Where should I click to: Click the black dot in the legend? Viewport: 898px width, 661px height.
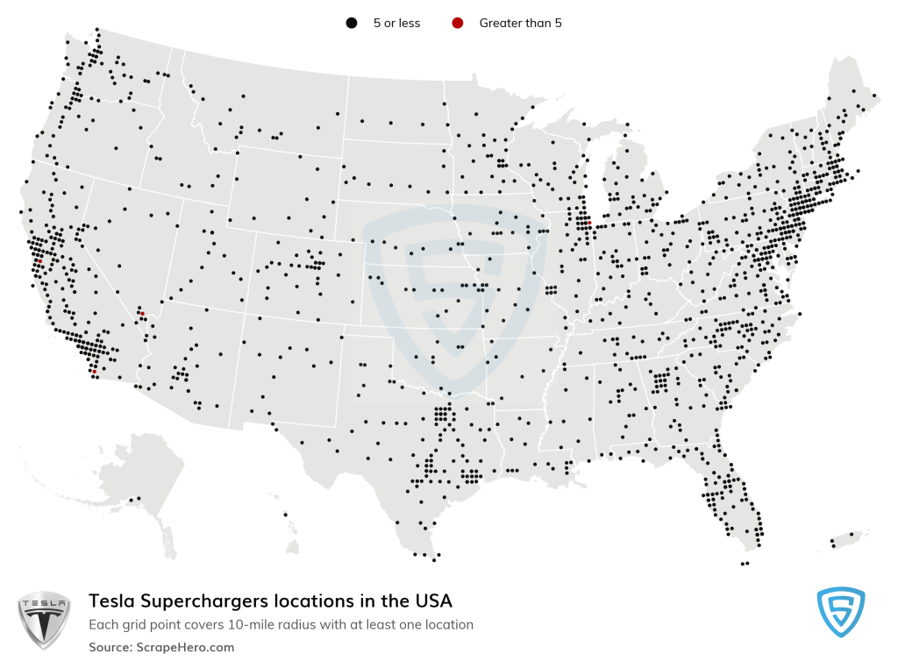click(351, 24)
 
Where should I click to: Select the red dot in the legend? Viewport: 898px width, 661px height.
click(457, 24)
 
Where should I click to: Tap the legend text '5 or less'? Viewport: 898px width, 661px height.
click(396, 24)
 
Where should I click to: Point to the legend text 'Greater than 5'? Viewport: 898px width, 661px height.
click(520, 24)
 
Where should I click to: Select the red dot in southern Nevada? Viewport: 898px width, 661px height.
click(143, 312)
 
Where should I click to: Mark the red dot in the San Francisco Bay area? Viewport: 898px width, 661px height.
click(39, 260)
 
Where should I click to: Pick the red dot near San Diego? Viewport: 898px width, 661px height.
click(94, 371)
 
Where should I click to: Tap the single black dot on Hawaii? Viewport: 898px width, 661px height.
click(285, 515)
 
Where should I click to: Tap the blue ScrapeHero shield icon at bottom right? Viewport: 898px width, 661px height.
click(840, 611)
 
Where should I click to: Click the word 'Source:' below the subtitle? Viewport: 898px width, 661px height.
click(109, 647)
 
